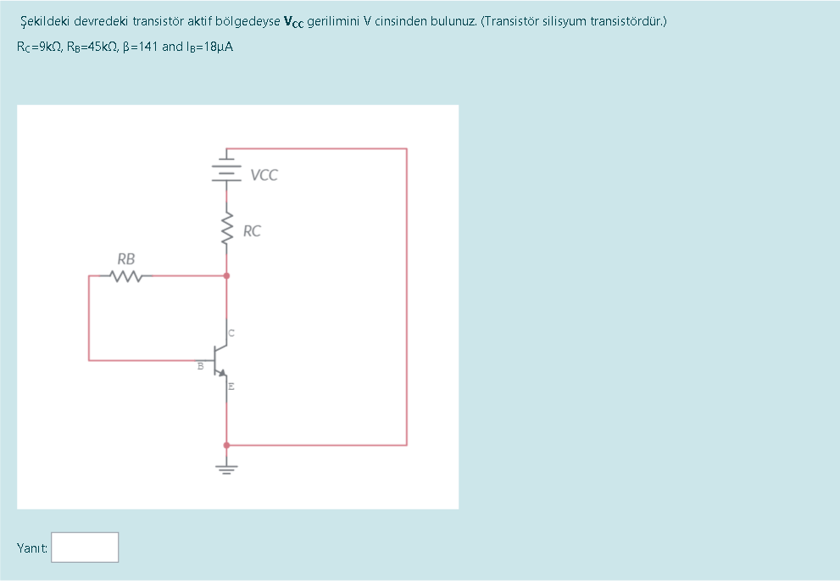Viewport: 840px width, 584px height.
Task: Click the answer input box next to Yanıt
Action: [x=85, y=547]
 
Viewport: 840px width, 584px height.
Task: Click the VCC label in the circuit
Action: [x=264, y=175]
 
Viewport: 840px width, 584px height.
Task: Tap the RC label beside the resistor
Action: [x=252, y=231]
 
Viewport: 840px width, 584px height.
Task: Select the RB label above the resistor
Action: [x=125, y=259]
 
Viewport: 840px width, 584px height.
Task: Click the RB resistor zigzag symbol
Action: [x=125, y=275]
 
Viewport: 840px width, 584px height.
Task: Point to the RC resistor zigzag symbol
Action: [x=226, y=229]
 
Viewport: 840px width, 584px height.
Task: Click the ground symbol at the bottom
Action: [x=226, y=466]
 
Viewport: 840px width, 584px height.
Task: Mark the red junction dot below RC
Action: [x=226, y=275]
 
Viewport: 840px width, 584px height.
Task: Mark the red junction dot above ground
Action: [x=226, y=445]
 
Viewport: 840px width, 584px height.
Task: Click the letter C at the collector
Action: [x=231, y=331]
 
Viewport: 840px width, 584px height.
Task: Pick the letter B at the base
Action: [x=200, y=366]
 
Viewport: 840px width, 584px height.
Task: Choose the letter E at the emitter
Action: [x=231, y=387]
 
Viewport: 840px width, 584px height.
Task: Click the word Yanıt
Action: [x=31, y=548]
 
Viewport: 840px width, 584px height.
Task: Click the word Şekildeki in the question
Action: [x=45, y=20]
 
